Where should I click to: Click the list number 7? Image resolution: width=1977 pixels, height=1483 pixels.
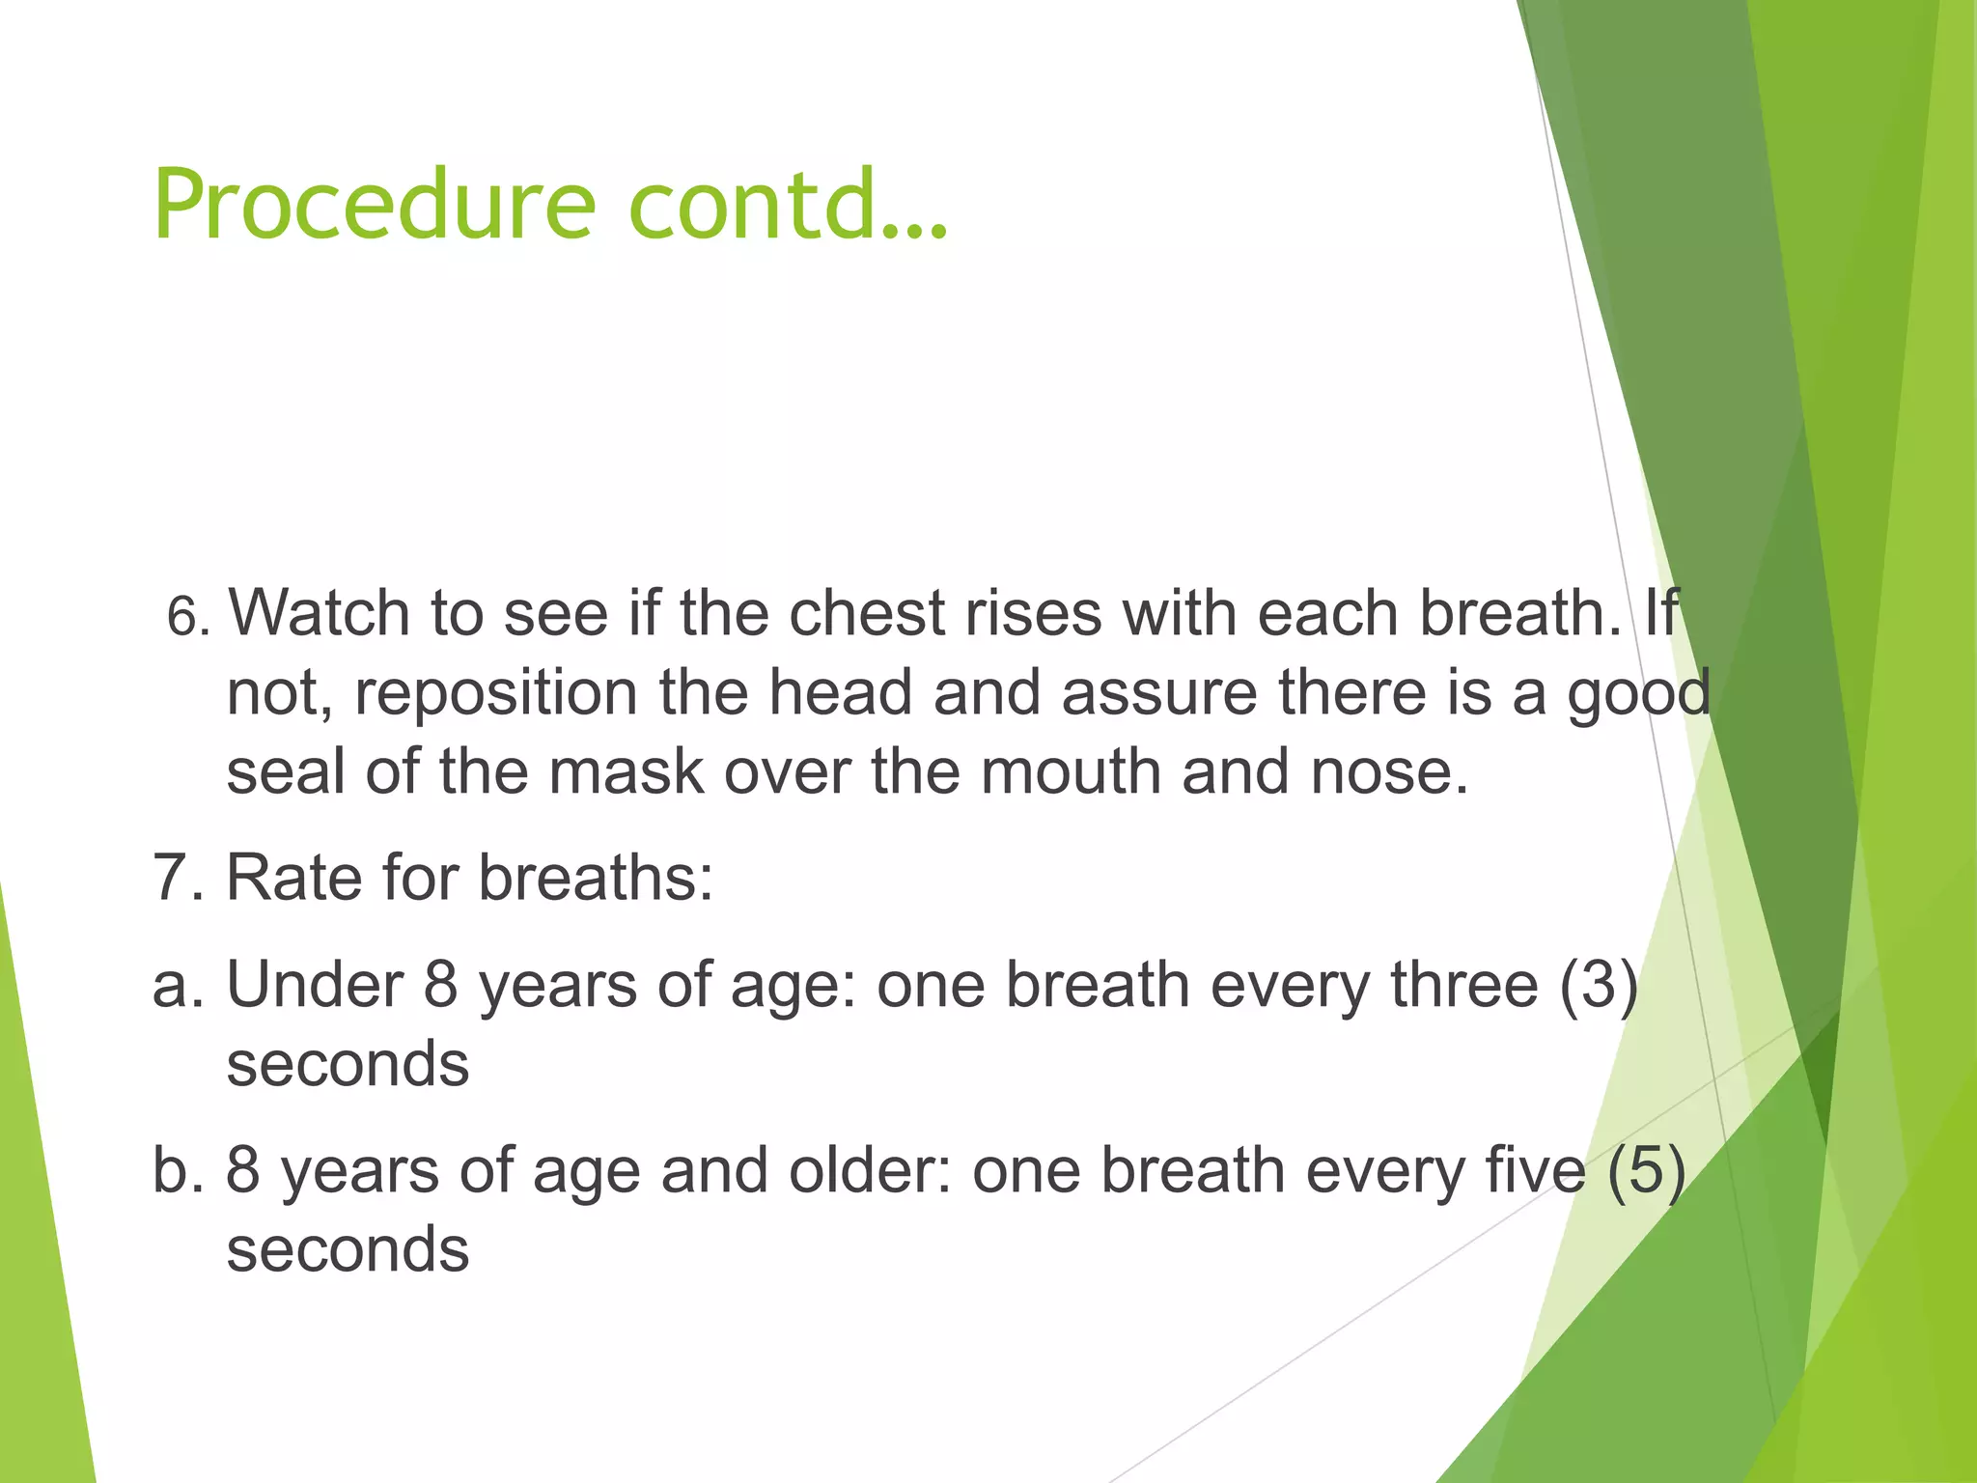(x=179, y=879)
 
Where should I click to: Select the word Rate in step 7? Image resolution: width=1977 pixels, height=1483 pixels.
(x=293, y=879)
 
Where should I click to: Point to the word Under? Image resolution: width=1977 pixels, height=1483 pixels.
(x=315, y=987)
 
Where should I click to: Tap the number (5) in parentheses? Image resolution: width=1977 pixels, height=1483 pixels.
(x=1647, y=1172)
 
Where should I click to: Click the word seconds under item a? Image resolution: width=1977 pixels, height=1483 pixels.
(x=348, y=1066)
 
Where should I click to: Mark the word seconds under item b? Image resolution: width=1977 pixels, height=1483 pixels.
(x=348, y=1251)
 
